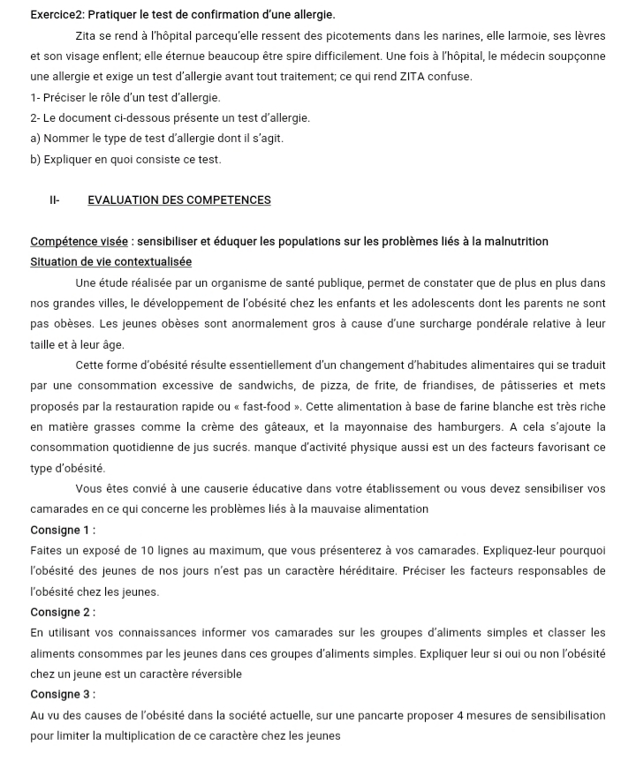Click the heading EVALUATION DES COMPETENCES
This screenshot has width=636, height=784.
(x=179, y=200)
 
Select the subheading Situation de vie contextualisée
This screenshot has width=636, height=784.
(x=110, y=261)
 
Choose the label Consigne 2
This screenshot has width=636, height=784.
(x=62, y=612)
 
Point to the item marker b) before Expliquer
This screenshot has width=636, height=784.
(x=36, y=159)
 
